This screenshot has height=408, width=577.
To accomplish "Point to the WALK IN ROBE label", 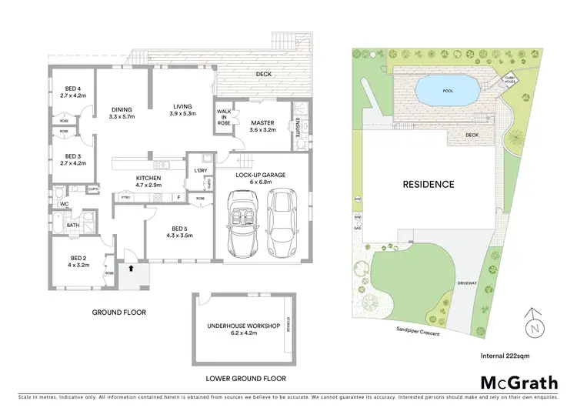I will (225, 115).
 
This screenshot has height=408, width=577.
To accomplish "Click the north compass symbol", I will (532, 323).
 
